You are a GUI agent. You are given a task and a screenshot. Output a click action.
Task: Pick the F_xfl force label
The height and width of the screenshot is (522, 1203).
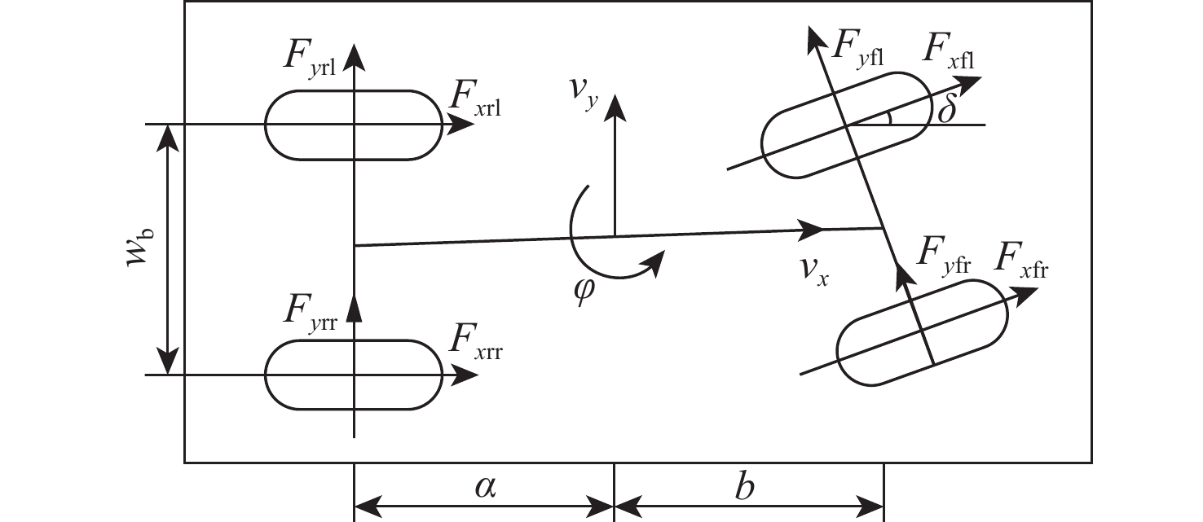pyautogui.click(x=949, y=54)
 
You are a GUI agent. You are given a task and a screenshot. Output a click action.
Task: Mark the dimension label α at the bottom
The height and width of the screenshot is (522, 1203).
pyautogui.click(x=485, y=488)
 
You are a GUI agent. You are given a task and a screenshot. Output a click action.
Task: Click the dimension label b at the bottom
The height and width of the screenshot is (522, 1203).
pyautogui.click(x=744, y=488)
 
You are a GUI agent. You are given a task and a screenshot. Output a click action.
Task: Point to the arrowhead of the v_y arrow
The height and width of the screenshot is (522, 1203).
pyautogui.click(x=614, y=100)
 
